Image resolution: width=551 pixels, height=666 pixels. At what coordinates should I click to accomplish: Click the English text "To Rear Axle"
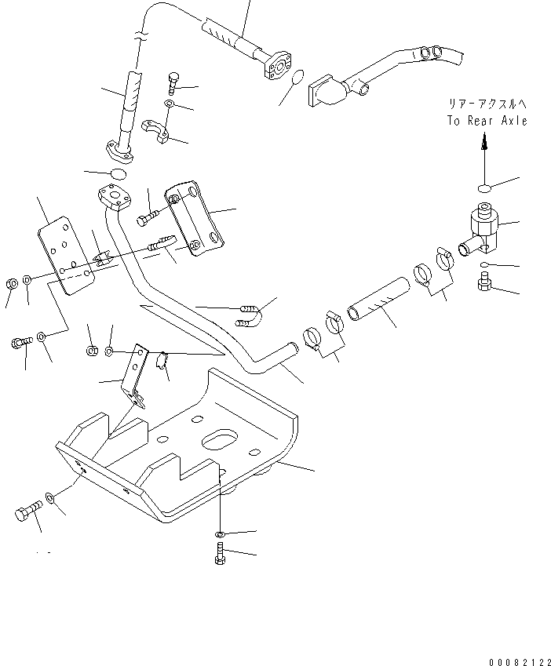point(487,121)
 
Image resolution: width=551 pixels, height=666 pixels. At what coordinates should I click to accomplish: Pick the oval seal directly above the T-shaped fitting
point(484,187)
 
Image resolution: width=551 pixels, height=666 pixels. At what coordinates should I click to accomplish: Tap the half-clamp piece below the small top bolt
point(155,131)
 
